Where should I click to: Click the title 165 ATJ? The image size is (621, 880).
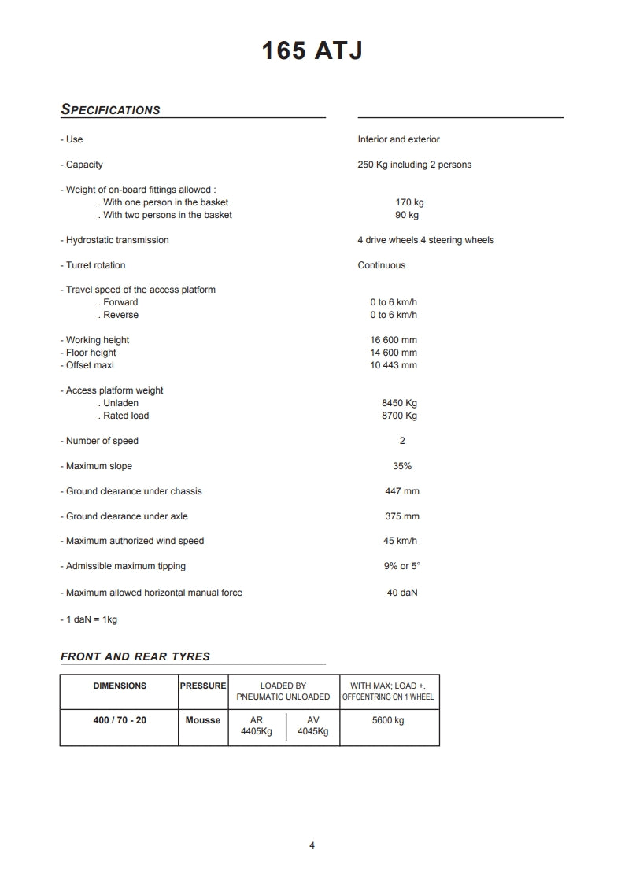pyautogui.click(x=312, y=51)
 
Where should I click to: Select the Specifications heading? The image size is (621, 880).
pyautogui.click(x=110, y=110)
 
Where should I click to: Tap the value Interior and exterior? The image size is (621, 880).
pyautogui.click(x=398, y=139)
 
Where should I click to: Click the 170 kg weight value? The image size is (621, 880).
pyautogui.click(x=409, y=202)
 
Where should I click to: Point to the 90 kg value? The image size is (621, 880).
pyautogui.click(x=406, y=215)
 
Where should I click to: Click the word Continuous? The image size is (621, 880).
pyautogui.click(x=381, y=265)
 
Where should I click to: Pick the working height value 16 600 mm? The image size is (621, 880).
pyautogui.click(x=394, y=340)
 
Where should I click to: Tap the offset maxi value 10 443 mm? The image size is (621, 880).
pyautogui.click(x=394, y=365)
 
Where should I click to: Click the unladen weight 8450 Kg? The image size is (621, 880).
pyautogui.click(x=399, y=403)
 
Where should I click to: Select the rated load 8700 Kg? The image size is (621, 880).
pyautogui.click(x=399, y=416)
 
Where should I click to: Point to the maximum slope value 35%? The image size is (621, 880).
pyautogui.click(x=402, y=466)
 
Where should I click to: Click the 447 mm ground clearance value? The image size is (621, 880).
pyautogui.click(x=401, y=491)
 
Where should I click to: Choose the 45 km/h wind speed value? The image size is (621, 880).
pyautogui.click(x=400, y=541)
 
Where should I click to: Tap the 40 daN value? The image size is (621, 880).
pyautogui.click(x=401, y=593)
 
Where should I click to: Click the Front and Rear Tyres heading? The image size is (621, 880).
pyautogui.click(x=135, y=656)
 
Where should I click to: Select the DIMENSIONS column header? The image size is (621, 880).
pyautogui.click(x=120, y=686)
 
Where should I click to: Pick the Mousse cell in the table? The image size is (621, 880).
pyautogui.click(x=203, y=720)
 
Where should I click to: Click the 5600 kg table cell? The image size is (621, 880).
pyautogui.click(x=388, y=720)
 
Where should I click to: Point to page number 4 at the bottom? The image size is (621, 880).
pyautogui.click(x=312, y=845)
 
